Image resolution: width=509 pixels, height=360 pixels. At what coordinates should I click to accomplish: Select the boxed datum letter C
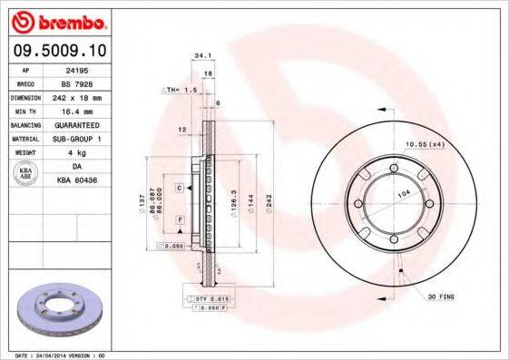coord(181,188)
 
